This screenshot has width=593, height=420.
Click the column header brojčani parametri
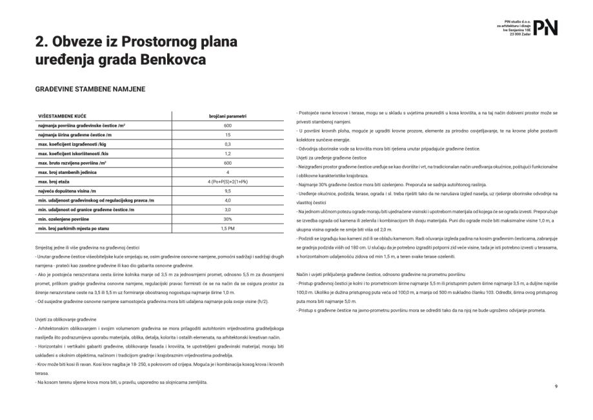(228, 116)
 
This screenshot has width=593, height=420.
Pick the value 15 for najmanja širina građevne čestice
(228, 134)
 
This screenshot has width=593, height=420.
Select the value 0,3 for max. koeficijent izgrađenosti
(228, 144)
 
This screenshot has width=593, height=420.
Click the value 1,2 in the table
(228, 154)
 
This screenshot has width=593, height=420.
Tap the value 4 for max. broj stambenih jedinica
(228, 173)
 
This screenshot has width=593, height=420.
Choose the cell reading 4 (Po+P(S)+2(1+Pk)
(228, 182)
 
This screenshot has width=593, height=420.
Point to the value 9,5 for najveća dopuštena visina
(228, 191)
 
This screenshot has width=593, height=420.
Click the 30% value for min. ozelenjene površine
(228, 220)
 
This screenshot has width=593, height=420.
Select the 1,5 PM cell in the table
(228, 229)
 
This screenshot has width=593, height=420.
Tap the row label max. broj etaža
(58, 182)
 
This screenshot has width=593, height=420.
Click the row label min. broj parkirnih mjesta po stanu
(78, 229)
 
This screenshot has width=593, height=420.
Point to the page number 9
(556, 386)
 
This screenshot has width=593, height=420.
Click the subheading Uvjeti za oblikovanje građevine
(66, 320)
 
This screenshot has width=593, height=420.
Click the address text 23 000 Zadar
(518, 34)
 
